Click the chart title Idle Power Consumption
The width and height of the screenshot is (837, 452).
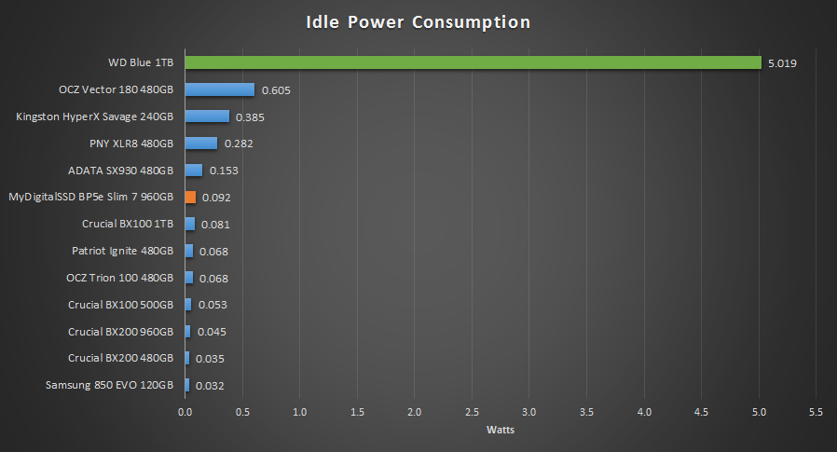[x=418, y=22]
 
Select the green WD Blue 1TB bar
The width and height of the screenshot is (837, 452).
[x=473, y=62]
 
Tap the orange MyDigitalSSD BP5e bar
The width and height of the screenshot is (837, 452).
[x=190, y=198]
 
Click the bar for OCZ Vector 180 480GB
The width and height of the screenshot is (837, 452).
[x=219, y=89]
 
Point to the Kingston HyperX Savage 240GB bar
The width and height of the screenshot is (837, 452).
[x=206, y=116]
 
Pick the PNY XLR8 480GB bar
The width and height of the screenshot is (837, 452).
[x=200, y=144]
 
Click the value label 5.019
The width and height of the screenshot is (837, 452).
[x=781, y=63]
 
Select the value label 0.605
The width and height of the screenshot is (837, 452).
[x=277, y=90]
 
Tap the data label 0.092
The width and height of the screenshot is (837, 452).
[x=215, y=198]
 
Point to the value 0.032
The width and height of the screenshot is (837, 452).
[x=210, y=386]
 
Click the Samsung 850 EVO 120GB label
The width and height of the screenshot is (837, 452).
[x=109, y=385]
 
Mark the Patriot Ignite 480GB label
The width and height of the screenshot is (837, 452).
[x=122, y=251]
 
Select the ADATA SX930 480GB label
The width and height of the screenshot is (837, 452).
[x=120, y=171]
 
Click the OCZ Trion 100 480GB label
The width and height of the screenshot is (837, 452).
[x=119, y=278]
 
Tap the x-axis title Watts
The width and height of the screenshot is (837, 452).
[x=500, y=431]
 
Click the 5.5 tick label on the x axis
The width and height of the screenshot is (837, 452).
[x=816, y=411]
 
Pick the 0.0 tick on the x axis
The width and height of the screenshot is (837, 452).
[x=185, y=411]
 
